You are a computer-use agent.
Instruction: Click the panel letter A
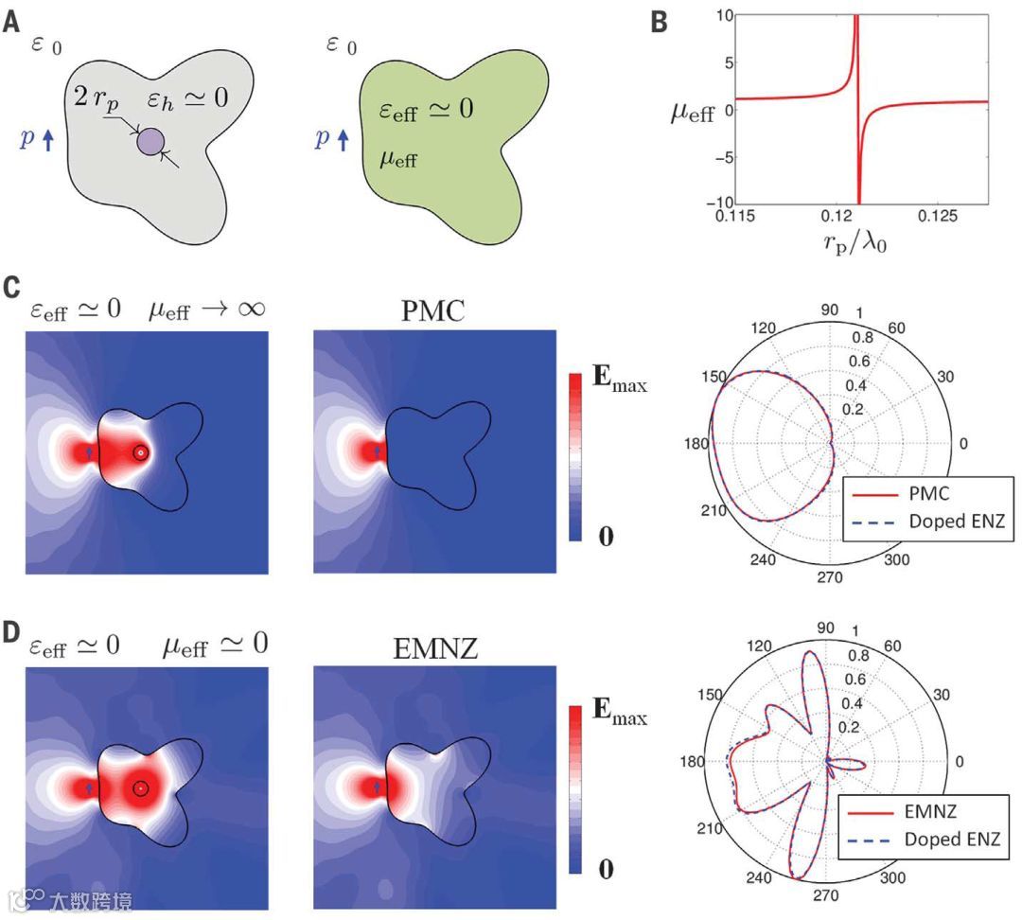pos(10,22)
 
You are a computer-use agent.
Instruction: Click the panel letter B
pos(661,22)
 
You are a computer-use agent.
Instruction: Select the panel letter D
pos(11,631)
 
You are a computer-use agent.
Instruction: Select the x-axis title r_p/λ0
pos(858,243)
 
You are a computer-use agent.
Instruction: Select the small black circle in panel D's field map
pos(140,787)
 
